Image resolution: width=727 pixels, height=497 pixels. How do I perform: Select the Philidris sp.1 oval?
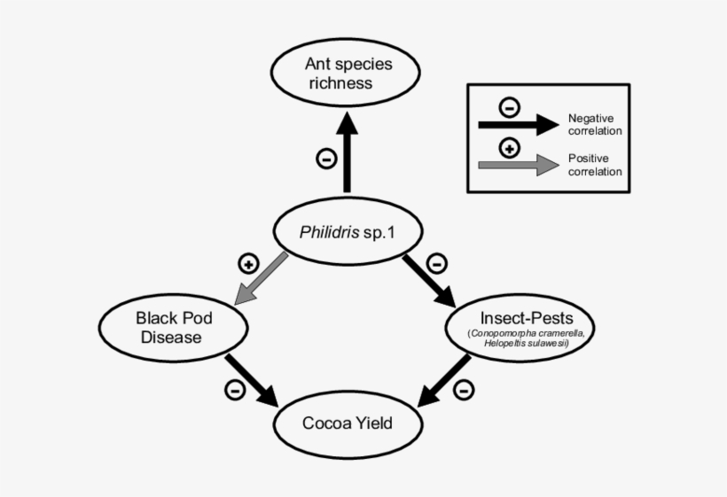pyautogui.click(x=346, y=232)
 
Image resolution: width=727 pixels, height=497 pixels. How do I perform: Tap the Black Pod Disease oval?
pyautogui.click(x=168, y=327)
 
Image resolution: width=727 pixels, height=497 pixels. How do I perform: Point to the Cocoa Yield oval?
pyautogui.click(x=347, y=423)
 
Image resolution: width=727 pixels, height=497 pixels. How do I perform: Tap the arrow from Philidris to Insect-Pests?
pyautogui.click(x=434, y=280)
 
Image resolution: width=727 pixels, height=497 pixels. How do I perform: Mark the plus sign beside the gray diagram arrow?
pyautogui.click(x=248, y=263)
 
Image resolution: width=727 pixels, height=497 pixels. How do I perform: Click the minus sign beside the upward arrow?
pyautogui.click(x=325, y=159)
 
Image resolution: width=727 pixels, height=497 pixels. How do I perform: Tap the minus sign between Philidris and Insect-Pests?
pyautogui.click(x=436, y=263)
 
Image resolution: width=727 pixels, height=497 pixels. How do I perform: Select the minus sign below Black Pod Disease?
pyautogui.click(x=235, y=390)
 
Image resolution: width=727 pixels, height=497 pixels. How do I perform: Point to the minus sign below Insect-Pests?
pyautogui.click(x=463, y=389)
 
